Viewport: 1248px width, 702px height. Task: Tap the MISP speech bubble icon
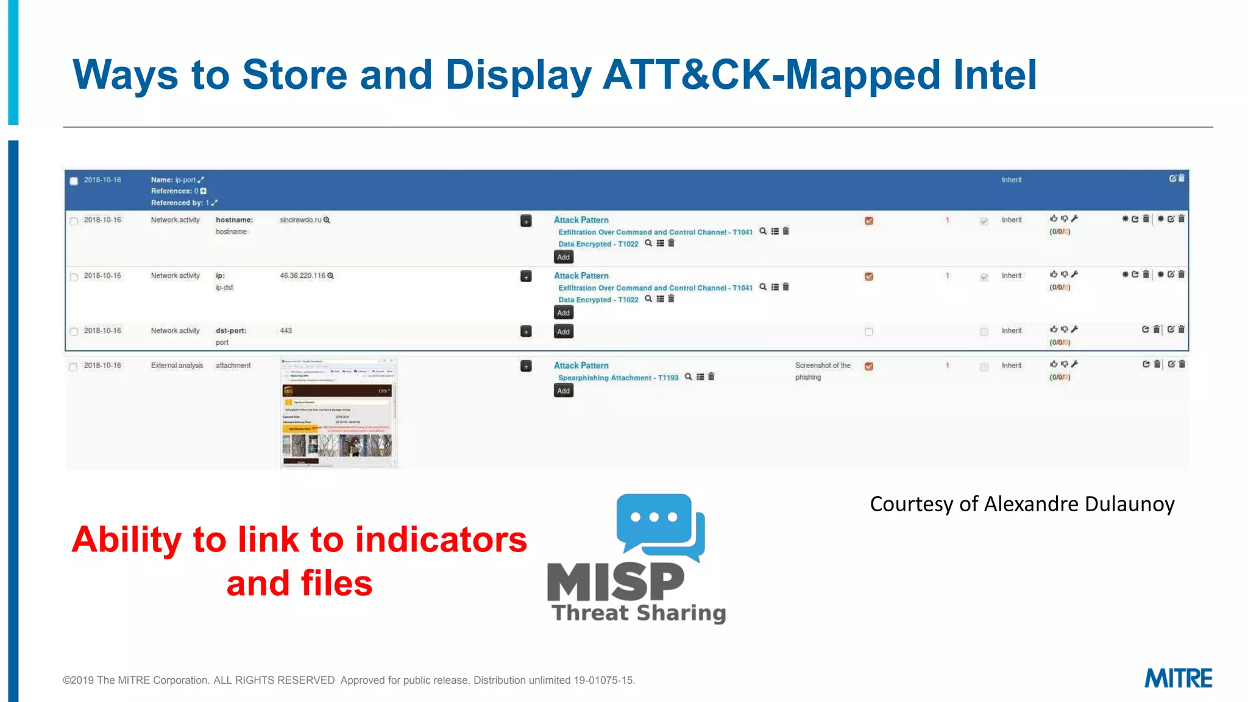click(659, 526)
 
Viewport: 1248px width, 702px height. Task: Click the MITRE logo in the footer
click(1178, 678)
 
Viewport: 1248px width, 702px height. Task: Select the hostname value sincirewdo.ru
click(300, 220)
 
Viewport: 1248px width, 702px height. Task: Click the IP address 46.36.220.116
click(303, 276)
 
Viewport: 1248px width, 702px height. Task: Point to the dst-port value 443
click(286, 331)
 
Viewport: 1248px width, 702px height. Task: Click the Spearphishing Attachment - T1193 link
click(618, 378)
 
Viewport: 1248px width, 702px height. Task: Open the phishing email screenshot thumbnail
click(339, 413)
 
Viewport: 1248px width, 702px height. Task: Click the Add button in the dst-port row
click(563, 332)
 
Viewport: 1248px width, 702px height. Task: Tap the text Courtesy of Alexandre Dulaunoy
click(1022, 504)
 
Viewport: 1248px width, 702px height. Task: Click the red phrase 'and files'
click(299, 583)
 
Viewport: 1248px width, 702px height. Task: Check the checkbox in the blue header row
click(74, 181)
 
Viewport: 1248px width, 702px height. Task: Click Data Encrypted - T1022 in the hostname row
click(598, 244)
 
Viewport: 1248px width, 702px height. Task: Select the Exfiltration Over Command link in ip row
click(655, 288)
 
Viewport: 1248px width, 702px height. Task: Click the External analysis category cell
click(177, 366)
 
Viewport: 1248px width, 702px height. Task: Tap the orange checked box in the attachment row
click(869, 366)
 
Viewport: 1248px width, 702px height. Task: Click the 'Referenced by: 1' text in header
click(180, 203)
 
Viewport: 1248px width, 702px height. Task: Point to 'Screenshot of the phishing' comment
click(821, 371)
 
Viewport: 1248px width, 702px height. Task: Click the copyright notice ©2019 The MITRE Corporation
click(199, 680)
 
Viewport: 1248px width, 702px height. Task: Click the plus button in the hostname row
click(526, 221)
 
